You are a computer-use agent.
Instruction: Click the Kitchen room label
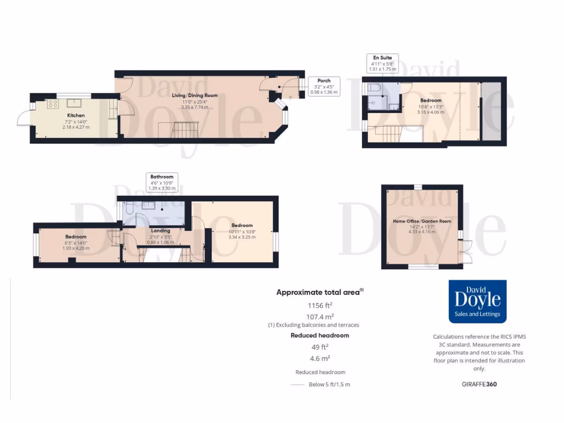pyautogui.click(x=76, y=116)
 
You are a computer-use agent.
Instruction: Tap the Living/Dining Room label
pyautogui.click(x=194, y=95)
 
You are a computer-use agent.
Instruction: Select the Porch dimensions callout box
pyautogui.click(x=324, y=86)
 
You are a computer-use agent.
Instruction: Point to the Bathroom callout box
pyautogui.click(x=162, y=182)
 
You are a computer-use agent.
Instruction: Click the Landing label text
pyautogui.click(x=161, y=231)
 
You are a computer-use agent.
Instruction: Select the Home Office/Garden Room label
pyautogui.click(x=421, y=221)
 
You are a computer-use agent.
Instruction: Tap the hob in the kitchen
pyautogui.click(x=53, y=103)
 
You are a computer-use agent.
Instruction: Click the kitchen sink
pyautogui.click(x=74, y=102)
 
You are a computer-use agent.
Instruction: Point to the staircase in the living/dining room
pyautogui.click(x=182, y=131)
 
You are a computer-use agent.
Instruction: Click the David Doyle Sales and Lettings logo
pyautogui.click(x=477, y=301)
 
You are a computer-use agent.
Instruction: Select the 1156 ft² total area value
pyautogui.click(x=319, y=305)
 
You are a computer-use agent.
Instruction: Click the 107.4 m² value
pyautogui.click(x=319, y=316)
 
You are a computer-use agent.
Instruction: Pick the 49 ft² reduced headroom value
pyautogui.click(x=319, y=347)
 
